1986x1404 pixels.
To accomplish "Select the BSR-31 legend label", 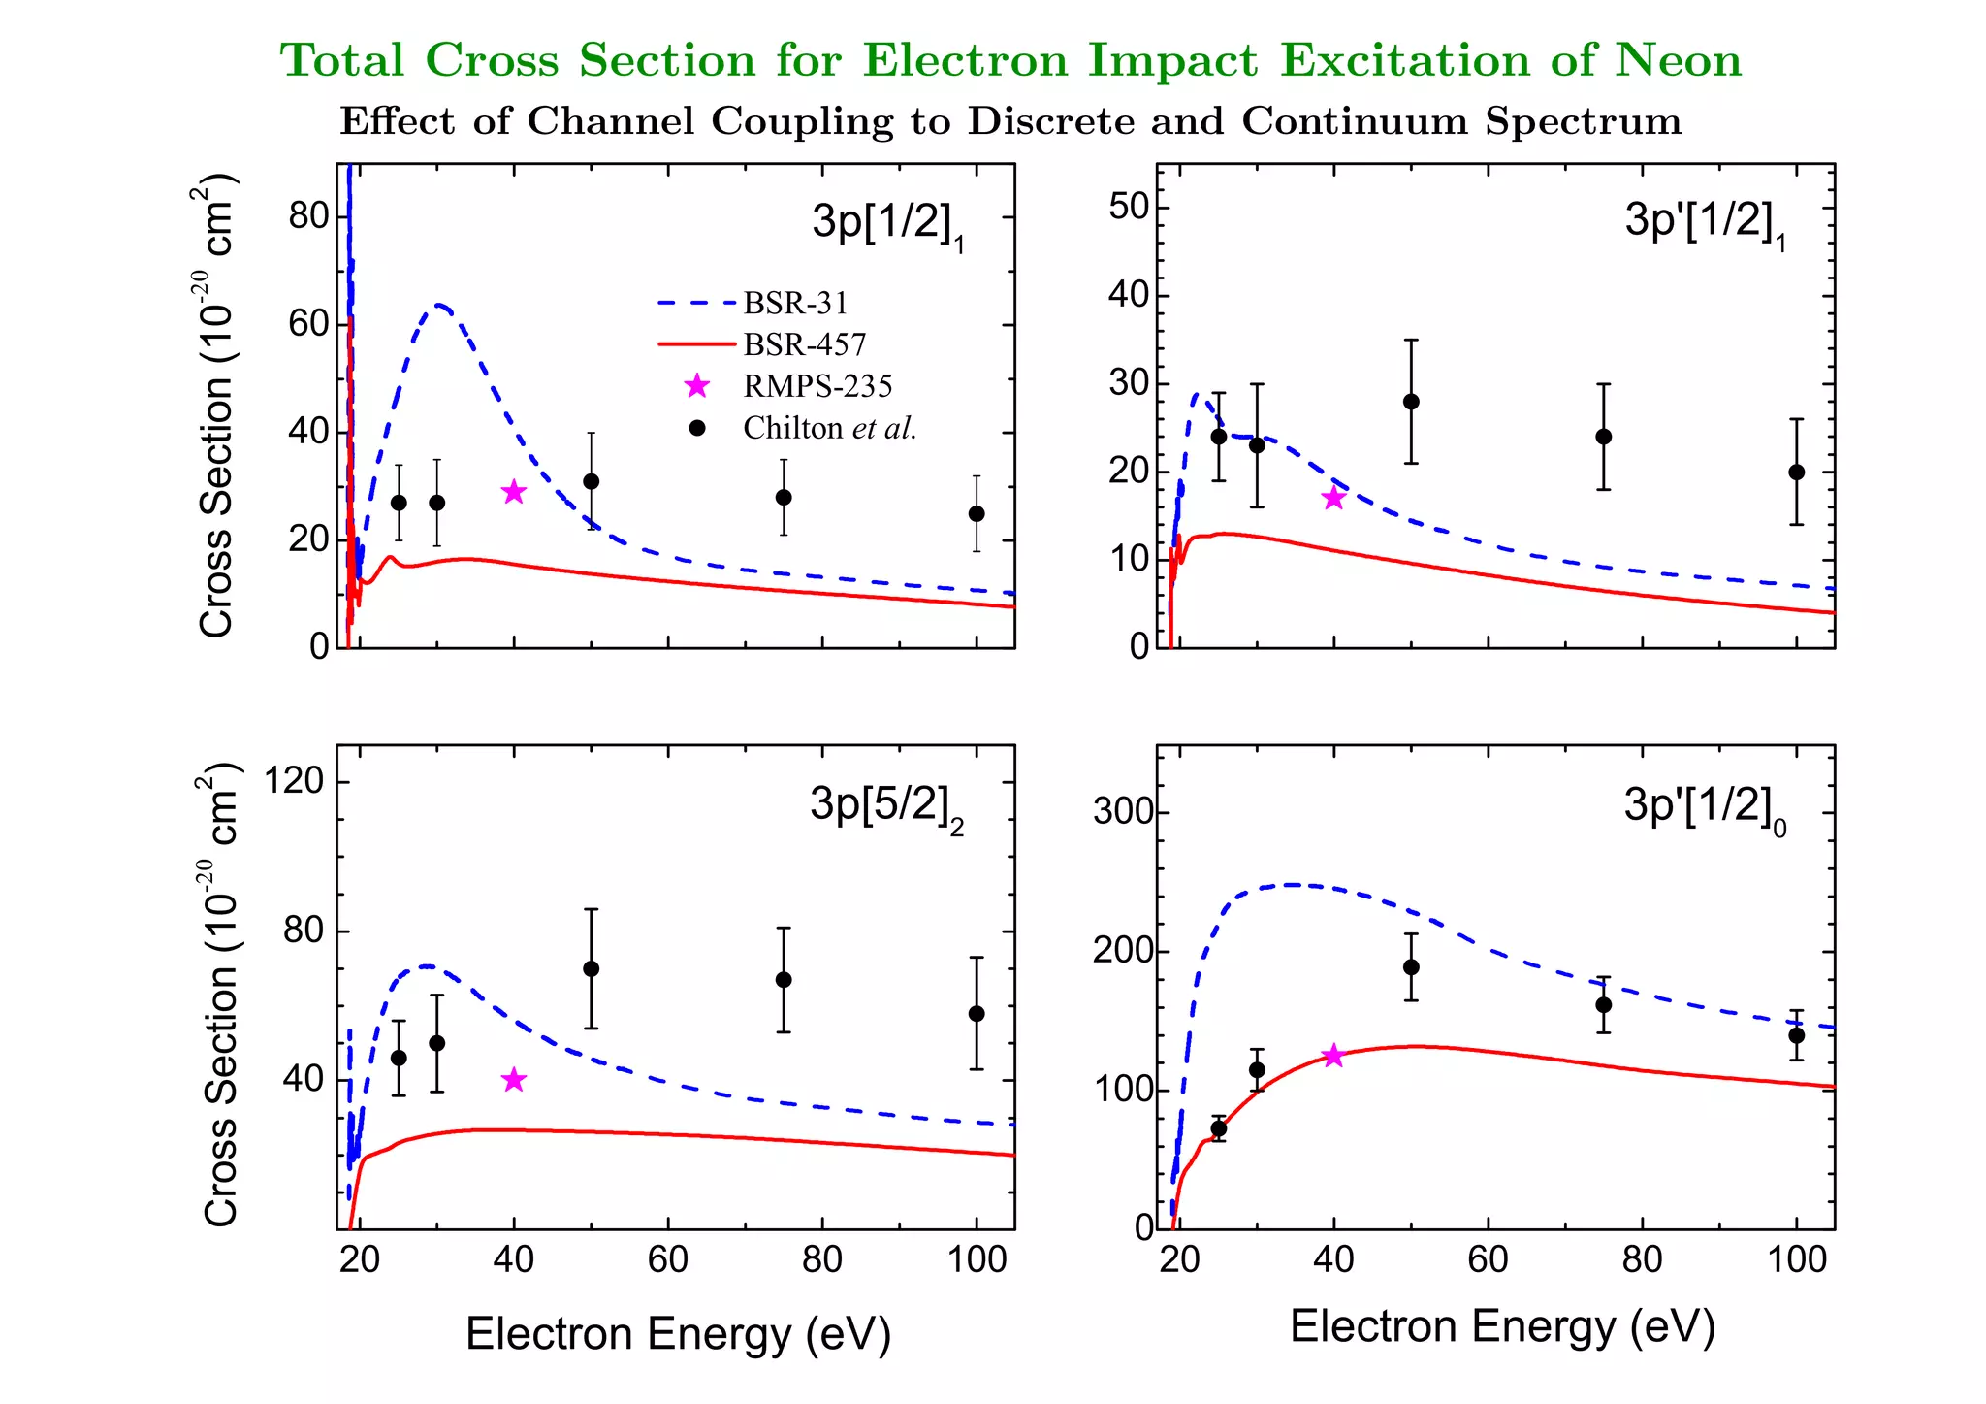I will point(795,304).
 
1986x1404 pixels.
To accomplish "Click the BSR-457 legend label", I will point(804,345).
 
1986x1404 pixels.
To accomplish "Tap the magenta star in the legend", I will point(696,386).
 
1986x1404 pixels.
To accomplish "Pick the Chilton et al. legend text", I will point(829,428).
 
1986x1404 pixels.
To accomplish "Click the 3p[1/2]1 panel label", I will point(887,223).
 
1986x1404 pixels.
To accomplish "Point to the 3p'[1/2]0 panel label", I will point(1704,807).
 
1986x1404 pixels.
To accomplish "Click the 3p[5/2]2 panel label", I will point(885,806).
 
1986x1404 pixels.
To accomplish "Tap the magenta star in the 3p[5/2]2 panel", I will point(514,1080).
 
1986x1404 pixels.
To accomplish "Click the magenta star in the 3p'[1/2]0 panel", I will point(1333,1056).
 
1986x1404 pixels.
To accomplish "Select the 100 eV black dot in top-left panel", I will point(977,513).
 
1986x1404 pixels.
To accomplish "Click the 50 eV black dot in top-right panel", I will point(1411,402).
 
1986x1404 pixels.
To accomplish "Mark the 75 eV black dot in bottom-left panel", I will point(784,980).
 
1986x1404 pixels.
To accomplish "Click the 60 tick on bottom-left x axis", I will point(667,1259).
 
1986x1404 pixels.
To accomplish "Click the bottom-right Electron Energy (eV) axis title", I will point(1501,1326).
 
